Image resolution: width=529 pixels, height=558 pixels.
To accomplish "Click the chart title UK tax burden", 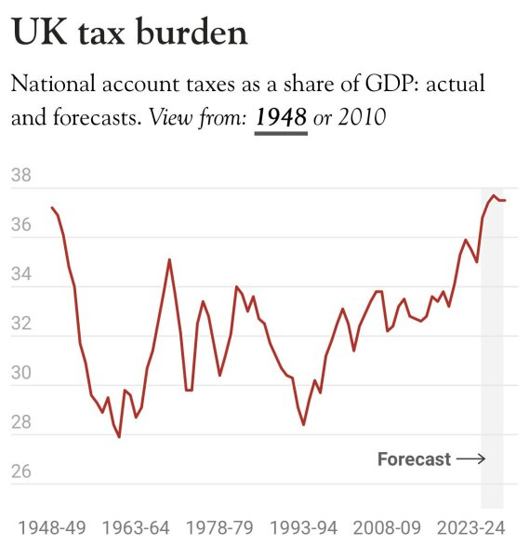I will [x=129, y=33].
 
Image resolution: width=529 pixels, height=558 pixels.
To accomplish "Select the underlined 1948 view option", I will [x=281, y=119].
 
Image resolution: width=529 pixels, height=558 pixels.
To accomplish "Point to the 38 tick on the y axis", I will [x=21, y=176].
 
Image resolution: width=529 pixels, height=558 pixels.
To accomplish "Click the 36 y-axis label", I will [x=21, y=225].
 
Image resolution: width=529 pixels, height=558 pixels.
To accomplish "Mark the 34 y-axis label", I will [x=21, y=274].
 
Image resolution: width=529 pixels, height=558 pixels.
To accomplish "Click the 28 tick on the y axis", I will [x=21, y=422].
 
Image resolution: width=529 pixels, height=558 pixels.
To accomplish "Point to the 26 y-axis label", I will [x=21, y=472].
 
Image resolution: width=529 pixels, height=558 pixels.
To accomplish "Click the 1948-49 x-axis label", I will [x=51, y=528].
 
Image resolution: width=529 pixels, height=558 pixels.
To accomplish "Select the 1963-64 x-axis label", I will [x=136, y=528].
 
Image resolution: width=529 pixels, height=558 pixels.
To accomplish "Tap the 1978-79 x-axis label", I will [x=219, y=528].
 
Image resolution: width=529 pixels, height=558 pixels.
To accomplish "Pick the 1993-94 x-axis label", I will [x=303, y=528].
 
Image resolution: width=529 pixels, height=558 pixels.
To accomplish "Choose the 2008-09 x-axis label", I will [x=388, y=528].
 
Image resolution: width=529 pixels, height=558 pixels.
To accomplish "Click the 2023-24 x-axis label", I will [x=471, y=528].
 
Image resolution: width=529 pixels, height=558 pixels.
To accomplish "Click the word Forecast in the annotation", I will [x=414, y=459].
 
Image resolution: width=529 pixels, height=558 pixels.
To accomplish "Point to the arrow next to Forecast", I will [x=470, y=459].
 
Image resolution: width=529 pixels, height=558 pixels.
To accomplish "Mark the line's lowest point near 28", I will [x=119, y=436].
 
